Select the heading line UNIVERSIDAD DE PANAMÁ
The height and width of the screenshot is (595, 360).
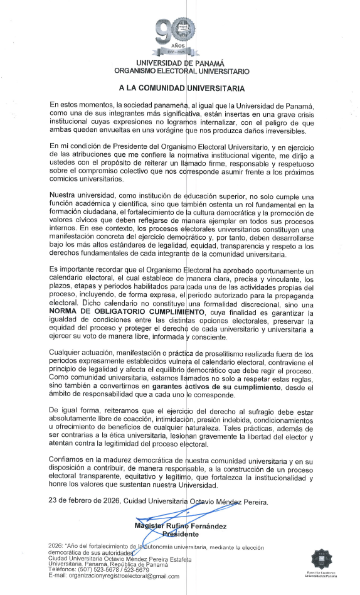(x=180, y=63)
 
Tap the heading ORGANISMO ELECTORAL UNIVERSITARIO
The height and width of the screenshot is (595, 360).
(x=180, y=72)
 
